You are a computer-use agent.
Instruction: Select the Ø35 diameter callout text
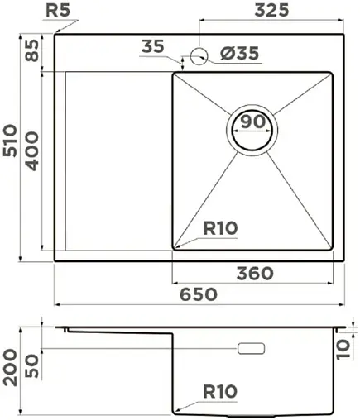point(240,54)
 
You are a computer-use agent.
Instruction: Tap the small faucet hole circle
point(199,56)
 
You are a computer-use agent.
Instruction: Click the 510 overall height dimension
point(11,148)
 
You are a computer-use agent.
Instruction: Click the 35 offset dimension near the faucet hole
point(152,46)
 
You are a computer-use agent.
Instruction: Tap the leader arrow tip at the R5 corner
point(55,32)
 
